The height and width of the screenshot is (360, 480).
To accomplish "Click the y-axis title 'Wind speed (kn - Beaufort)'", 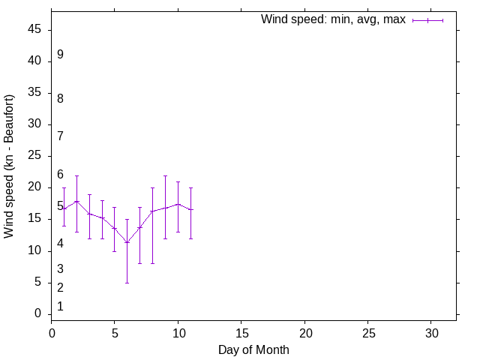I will coord(9,166).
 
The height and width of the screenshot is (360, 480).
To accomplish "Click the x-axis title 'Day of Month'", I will coord(253,349).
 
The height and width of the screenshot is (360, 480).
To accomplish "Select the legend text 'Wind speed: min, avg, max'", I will coord(333,19).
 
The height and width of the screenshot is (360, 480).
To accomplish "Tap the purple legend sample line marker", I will coord(427,20).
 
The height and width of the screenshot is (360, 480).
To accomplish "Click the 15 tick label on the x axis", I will coord(241,332).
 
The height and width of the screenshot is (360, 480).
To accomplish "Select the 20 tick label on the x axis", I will coord(304,332).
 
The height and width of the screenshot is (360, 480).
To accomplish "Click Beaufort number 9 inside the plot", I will coord(60,55).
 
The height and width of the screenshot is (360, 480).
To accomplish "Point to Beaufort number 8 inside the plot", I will coord(60,98).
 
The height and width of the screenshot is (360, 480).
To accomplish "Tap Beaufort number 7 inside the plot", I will coord(60,136).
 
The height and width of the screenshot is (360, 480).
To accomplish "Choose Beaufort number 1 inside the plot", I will coord(60,306).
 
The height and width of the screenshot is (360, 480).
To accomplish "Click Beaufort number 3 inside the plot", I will coord(60,268).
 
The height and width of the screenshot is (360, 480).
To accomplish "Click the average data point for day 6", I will coord(127,242).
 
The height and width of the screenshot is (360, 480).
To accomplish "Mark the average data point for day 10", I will coord(178,204).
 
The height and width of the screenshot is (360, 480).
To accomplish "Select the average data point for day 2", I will coord(76,201).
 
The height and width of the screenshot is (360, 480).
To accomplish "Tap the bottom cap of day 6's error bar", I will coord(127,283).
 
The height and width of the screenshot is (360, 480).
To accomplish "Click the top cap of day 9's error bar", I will coord(165,175).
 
